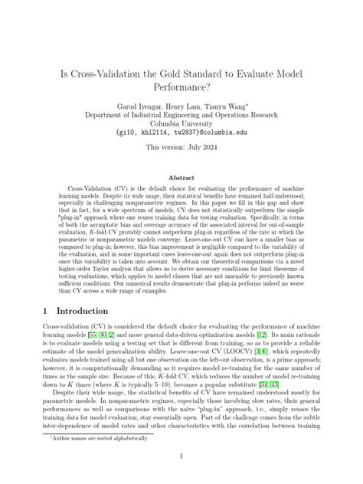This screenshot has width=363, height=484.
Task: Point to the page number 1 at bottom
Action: tap(181, 457)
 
